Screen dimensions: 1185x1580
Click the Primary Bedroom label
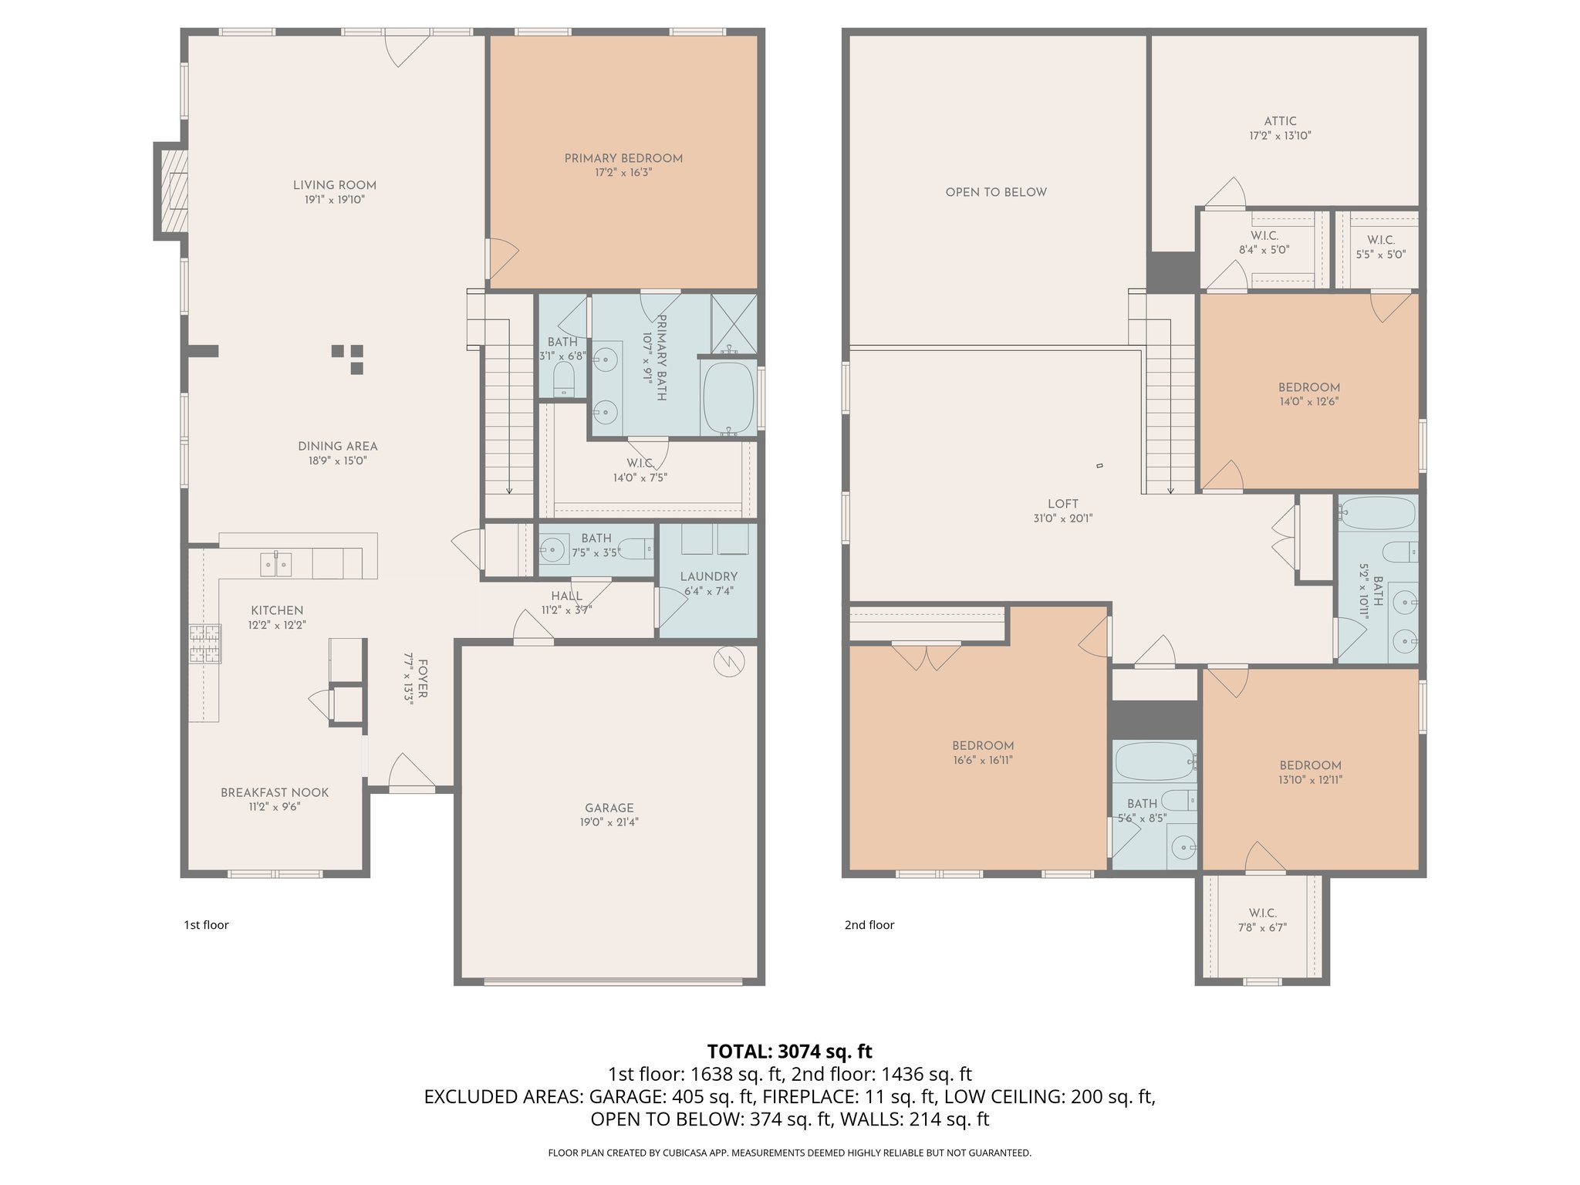(623, 158)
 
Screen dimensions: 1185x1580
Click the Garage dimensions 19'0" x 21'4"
(609, 822)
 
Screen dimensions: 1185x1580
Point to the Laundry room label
(708, 576)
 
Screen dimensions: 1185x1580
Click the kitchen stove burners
(204, 644)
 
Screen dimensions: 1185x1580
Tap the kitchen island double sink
(275, 565)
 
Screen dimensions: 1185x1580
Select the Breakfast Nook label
(275, 792)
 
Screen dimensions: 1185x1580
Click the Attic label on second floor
(1280, 121)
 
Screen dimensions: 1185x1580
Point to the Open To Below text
(996, 192)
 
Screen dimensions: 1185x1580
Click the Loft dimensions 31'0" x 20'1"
(1062, 518)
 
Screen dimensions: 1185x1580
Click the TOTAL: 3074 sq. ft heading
(789, 1051)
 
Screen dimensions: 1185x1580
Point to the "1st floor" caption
(206, 925)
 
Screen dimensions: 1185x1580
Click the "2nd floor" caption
(869, 925)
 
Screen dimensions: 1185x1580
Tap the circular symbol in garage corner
(729, 661)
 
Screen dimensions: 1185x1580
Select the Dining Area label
(338, 446)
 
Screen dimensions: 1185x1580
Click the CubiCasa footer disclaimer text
(789, 1153)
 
